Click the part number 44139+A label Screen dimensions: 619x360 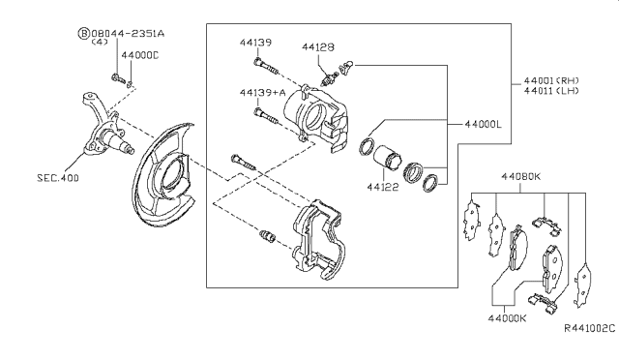pos(262,93)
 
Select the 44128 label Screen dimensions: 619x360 pos(318,47)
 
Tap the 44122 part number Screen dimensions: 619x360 pos(383,187)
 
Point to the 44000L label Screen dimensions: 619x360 pos(484,124)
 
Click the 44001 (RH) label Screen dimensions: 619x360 pos(551,80)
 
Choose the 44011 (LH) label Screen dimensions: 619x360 pos(551,91)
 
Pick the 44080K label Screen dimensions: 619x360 pos(520,176)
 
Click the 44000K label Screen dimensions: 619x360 pos(507,318)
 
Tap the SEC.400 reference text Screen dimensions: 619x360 pos(58,178)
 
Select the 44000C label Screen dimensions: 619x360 pos(139,55)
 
